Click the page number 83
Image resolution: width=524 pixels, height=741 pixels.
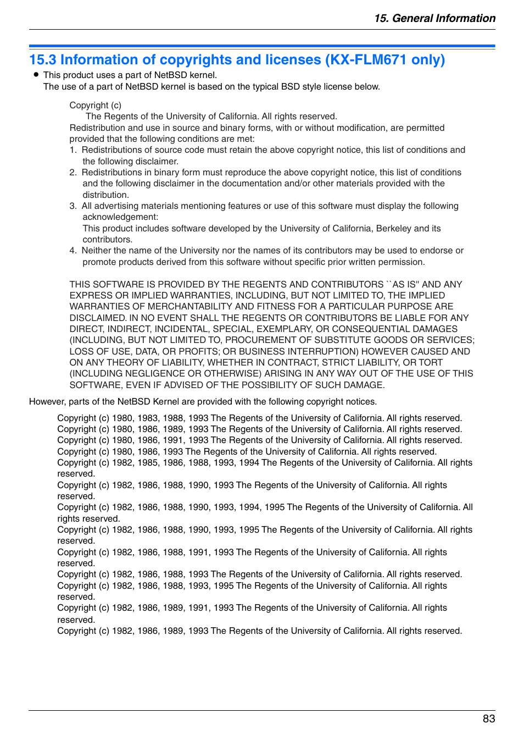488,718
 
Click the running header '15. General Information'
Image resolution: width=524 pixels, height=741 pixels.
434,18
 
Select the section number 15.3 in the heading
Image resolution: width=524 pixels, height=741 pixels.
42,60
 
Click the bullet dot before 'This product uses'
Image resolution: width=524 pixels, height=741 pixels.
36,74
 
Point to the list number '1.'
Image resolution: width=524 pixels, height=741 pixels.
73,150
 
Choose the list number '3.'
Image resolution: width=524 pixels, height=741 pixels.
73,206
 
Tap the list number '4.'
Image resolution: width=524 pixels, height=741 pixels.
73,251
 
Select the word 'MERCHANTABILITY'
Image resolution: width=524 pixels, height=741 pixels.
190,307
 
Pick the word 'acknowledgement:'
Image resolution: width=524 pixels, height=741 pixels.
120,217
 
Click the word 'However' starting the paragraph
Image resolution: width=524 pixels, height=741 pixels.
47,402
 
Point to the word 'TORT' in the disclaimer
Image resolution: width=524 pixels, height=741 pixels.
430,363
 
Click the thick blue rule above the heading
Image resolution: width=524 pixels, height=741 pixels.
262,46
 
